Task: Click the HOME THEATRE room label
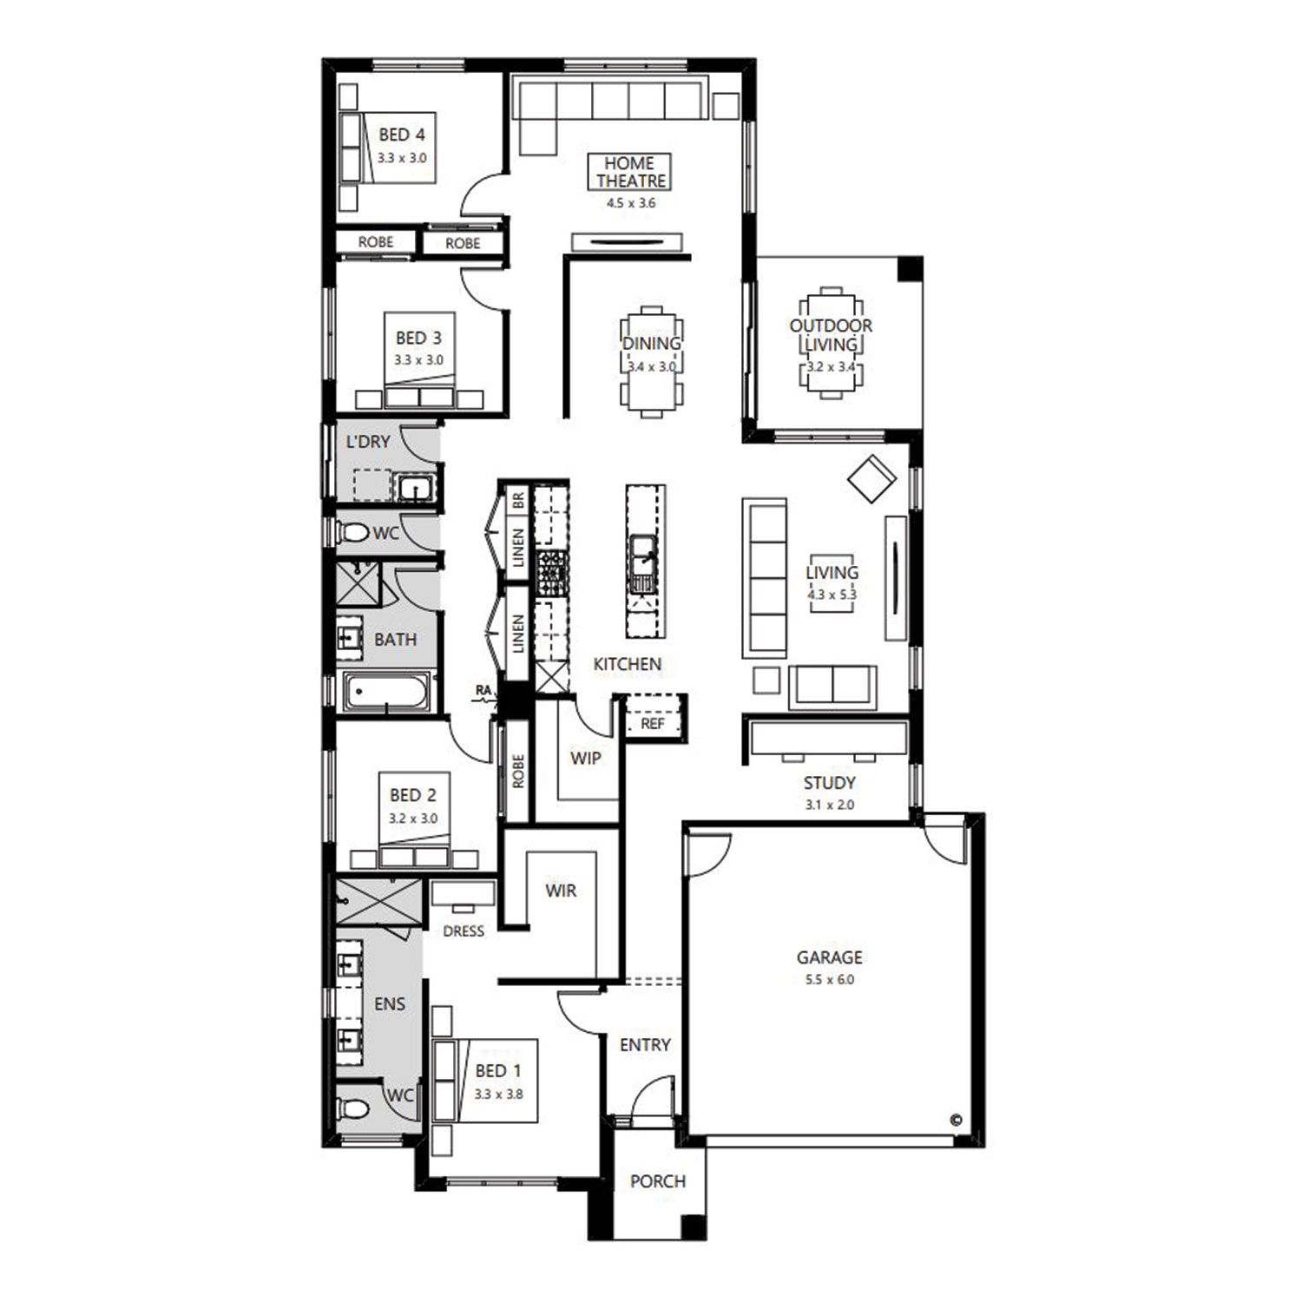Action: point(631,172)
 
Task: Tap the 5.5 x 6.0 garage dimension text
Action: point(830,980)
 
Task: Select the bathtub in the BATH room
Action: point(386,693)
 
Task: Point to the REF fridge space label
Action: point(653,723)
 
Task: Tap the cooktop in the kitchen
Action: point(551,573)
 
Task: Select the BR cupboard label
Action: point(518,500)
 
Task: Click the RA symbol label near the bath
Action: point(483,691)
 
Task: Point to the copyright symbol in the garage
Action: point(957,1120)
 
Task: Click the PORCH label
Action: point(658,1181)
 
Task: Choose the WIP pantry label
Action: point(585,758)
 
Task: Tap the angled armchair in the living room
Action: point(871,478)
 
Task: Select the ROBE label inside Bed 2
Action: point(518,771)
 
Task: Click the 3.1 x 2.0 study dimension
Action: point(830,805)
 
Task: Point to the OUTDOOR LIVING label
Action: point(831,335)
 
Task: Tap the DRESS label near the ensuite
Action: point(464,931)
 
